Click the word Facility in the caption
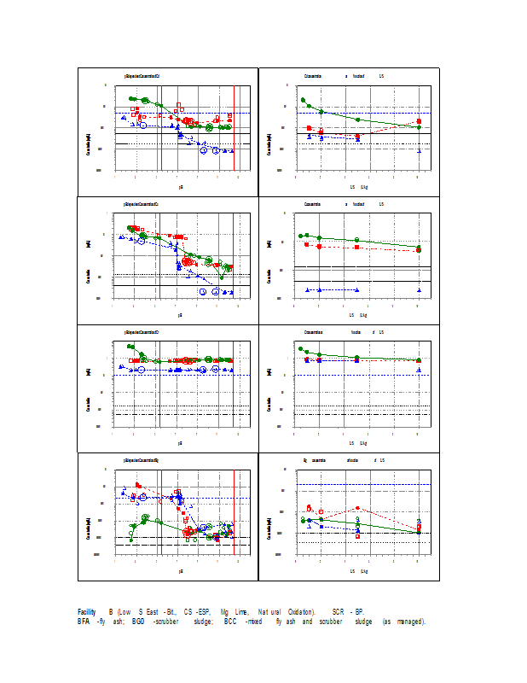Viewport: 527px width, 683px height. pyautogui.click(x=86, y=612)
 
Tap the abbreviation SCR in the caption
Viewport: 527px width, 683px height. pyautogui.click(x=339, y=612)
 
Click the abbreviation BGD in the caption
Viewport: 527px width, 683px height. pyautogui.click(x=138, y=622)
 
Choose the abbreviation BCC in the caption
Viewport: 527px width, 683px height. pyautogui.click(x=229, y=622)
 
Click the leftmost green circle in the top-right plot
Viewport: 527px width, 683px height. pyautogui.click(x=303, y=101)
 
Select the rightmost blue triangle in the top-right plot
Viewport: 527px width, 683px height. pyautogui.click(x=419, y=151)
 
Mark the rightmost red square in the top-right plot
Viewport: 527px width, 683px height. pyautogui.click(x=419, y=121)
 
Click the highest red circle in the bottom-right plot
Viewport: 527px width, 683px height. pyautogui.click(x=358, y=508)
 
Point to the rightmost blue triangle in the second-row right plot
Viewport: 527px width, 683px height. pyautogui.click(x=419, y=290)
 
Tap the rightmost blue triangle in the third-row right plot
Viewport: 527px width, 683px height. pyautogui.click(x=419, y=371)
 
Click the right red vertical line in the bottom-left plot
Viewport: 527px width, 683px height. pyautogui.click(x=235, y=512)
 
